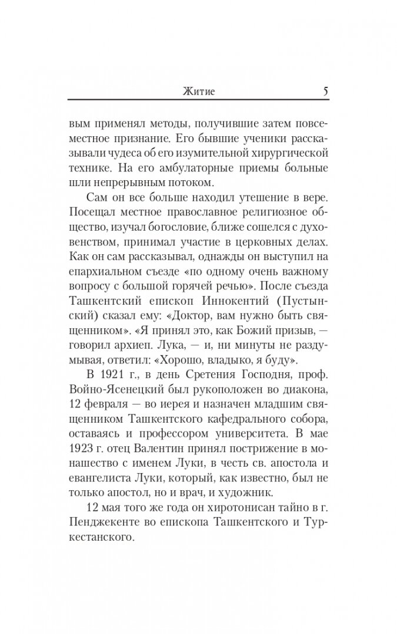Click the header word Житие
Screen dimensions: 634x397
coord(198,92)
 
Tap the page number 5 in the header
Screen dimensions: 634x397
coord(325,92)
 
